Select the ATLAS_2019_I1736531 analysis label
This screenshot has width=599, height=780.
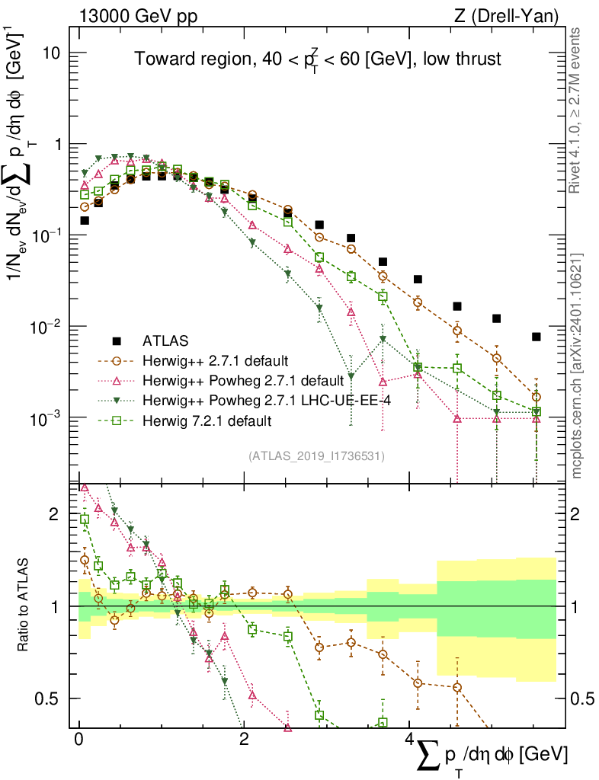pos(316,456)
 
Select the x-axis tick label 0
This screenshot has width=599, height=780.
pos(79,740)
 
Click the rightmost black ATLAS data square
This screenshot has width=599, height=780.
pos(537,337)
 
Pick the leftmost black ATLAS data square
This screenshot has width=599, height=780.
pos(85,220)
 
